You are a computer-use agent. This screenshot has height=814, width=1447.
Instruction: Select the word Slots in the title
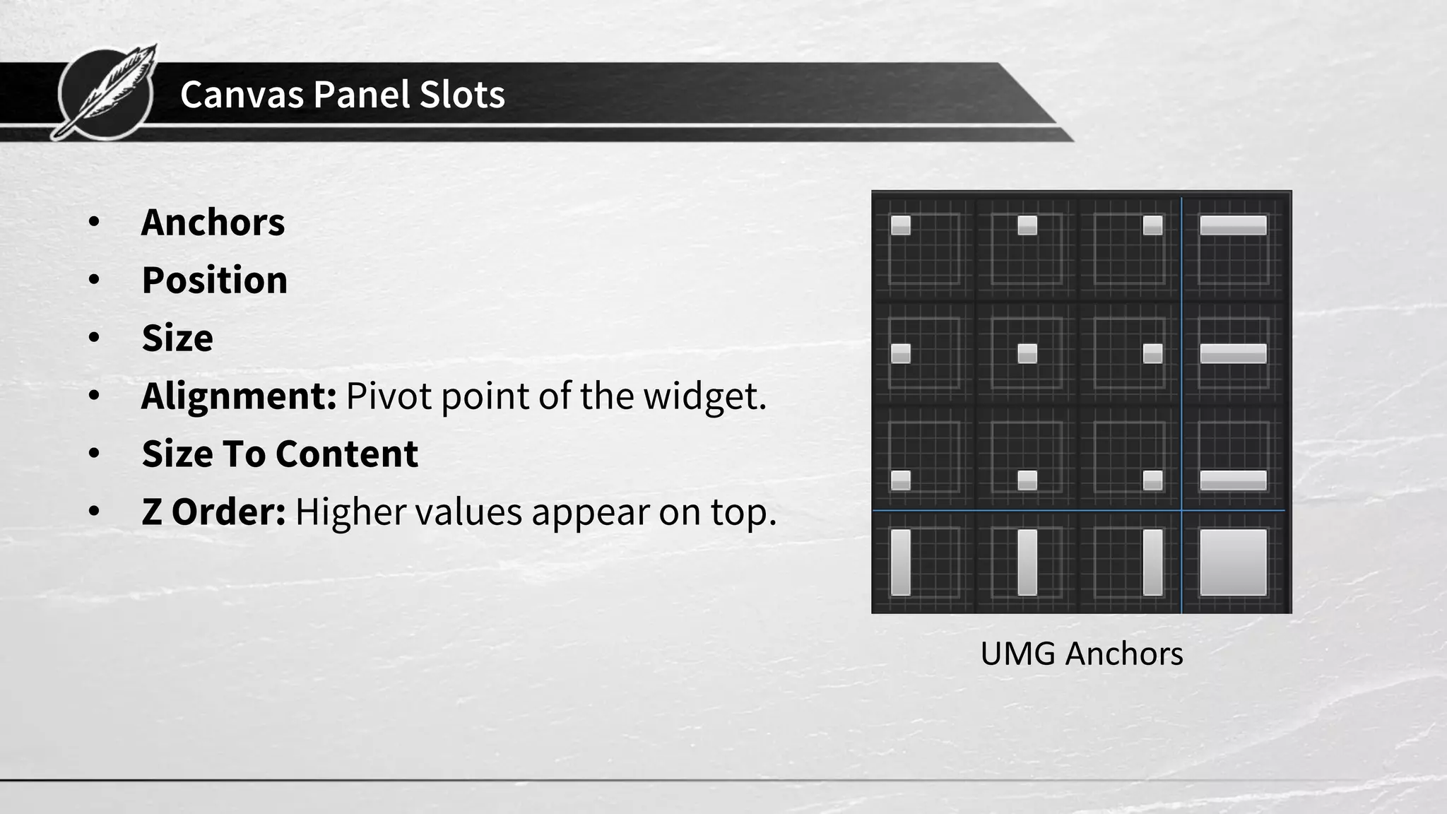[x=462, y=94]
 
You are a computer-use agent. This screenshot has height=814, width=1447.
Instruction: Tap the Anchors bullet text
[x=213, y=223]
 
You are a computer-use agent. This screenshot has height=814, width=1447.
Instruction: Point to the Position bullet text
[x=215, y=281]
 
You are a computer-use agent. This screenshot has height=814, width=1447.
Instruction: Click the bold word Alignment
[x=239, y=396]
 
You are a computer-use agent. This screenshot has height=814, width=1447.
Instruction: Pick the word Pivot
[x=388, y=396]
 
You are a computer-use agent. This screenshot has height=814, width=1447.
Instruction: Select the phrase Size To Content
[x=280, y=454]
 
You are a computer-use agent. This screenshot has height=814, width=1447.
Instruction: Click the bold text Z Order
[x=213, y=512]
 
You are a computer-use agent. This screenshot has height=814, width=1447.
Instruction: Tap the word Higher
[x=350, y=512]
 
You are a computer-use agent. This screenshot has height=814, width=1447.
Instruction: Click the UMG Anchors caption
[x=1081, y=654]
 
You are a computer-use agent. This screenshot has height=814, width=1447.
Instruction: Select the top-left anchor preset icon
[x=923, y=248]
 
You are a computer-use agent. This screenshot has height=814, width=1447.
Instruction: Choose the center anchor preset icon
[x=1027, y=353]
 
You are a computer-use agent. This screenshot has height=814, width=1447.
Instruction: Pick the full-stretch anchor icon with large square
[x=1233, y=562]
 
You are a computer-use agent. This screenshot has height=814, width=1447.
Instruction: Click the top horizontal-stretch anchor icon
[x=1233, y=248]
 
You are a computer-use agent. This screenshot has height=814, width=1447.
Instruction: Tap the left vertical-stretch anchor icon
[x=923, y=562]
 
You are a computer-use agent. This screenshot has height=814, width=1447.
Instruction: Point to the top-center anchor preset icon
[x=1027, y=248]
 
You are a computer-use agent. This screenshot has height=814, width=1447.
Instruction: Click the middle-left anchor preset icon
[x=923, y=353]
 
